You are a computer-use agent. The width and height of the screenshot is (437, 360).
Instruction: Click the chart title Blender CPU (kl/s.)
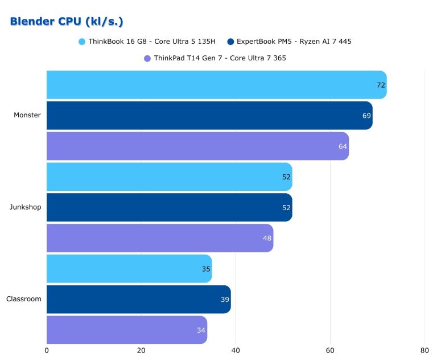[67, 22]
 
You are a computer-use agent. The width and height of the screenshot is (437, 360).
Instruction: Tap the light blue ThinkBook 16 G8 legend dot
[82, 42]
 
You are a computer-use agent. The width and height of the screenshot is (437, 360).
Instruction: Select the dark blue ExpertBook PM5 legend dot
[230, 42]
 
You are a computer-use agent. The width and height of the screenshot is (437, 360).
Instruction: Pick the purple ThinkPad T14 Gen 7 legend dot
[147, 58]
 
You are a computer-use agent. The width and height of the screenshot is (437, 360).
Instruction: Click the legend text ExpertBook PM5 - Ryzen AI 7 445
[294, 42]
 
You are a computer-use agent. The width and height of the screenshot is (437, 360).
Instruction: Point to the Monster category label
[27, 115]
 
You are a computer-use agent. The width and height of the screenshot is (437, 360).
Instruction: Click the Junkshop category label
[26, 207]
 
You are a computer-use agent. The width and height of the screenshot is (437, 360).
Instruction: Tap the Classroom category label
[24, 299]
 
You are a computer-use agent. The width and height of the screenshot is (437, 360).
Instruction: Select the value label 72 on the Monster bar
[381, 85]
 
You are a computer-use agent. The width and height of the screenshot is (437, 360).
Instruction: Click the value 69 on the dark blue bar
[366, 116]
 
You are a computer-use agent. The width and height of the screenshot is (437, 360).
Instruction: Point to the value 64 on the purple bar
[343, 146]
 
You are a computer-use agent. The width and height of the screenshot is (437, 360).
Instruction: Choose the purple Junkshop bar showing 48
[160, 238]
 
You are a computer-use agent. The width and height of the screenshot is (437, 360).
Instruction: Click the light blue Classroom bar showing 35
[129, 268]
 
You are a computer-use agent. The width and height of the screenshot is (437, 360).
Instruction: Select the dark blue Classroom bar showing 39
[139, 299]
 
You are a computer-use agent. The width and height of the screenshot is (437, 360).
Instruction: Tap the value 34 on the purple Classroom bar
[201, 330]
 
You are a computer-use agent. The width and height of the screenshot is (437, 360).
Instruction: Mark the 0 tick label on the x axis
[47, 350]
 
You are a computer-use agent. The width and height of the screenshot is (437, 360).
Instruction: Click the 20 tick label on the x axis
[141, 350]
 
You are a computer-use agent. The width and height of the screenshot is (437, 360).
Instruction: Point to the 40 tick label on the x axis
[236, 350]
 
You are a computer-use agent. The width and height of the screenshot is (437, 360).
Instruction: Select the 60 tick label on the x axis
[330, 350]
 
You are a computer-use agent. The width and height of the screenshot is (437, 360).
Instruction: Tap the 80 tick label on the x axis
[424, 350]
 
